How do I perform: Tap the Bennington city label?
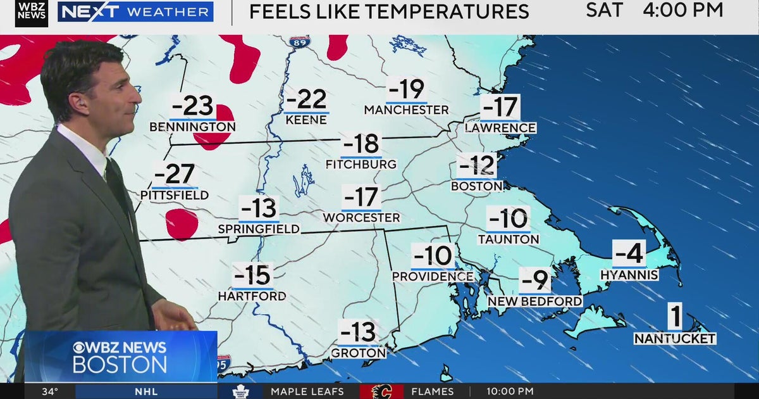pyautogui.click(x=192, y=127)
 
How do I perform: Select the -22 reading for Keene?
pyautogui.click(x=306, y=100)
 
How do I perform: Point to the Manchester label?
pyautogui.click(x=406, y=110)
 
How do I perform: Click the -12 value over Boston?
pyautogui.click(x=477, y=166)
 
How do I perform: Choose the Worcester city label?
pyautogui.click(x=361, y=218)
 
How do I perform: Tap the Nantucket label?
pyautogui.click(x=675, y=339)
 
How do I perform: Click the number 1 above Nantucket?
pyautogui.click(x=675, y=317)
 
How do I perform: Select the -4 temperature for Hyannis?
pyautogui.click(x=629, y=254)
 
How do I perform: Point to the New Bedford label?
pyautogui.click(x=535, y=301)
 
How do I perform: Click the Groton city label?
pyautogui.click(x=358, y=353)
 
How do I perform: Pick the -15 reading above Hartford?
pyautogui.click(x=252, y=276)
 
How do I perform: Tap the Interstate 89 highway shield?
pyautogui.click(x=300, y=42)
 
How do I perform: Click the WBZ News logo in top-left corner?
pyautogui.click(x=32, y=13)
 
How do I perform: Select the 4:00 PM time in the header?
pyautogui.click(x=682, y=10)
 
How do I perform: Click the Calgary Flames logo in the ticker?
pyautogui.click(x=381, y=391)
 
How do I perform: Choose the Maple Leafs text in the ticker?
pyautogui.click(x=307, y=391)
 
